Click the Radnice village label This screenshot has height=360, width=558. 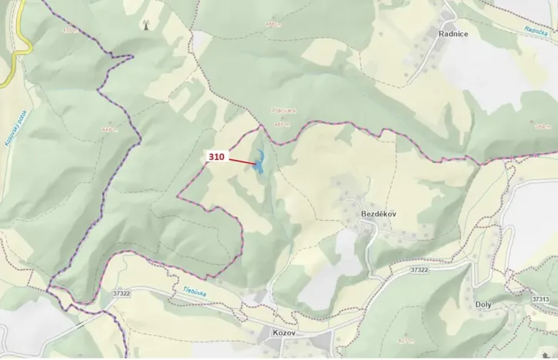click(x=453, y=34)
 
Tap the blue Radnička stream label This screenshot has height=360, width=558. click(x=536, y=31)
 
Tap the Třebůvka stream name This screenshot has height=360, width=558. click(x=198, y=292)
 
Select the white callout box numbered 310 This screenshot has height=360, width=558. click(x=216, y=157)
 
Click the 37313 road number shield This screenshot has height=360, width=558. click(x=540, y=298)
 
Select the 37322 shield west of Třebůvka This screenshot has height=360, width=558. click(x=121, y=293)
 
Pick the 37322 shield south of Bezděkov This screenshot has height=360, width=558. click(x=419, y=269)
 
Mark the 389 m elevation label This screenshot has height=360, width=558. click(x=543, y=125)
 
